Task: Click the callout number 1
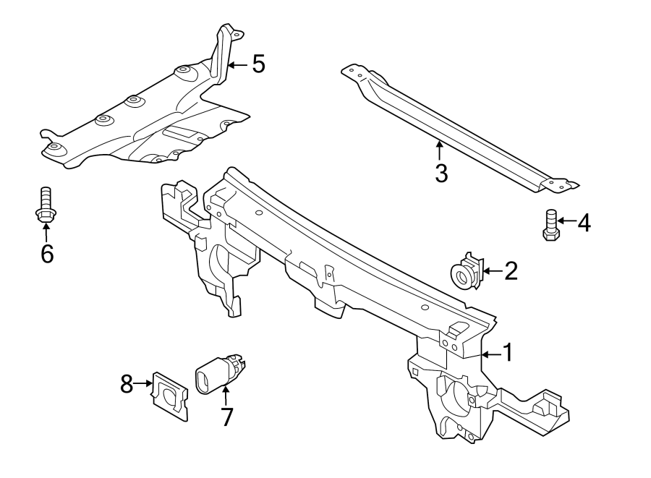pos(507,353)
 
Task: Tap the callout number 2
pos(511,271)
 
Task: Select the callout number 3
pos(441,173)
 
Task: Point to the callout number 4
pos(583,223)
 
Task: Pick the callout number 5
pos(258,64)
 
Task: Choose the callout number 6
pos(47,254)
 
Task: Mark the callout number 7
pos(227,417)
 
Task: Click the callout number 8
pos(127,383)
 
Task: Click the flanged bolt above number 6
pos(45,203)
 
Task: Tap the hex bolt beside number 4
pos(550,224)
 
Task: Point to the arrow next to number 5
pos(237,65)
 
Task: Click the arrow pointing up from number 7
pos(226,397)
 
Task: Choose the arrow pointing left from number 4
pos(566,221)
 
